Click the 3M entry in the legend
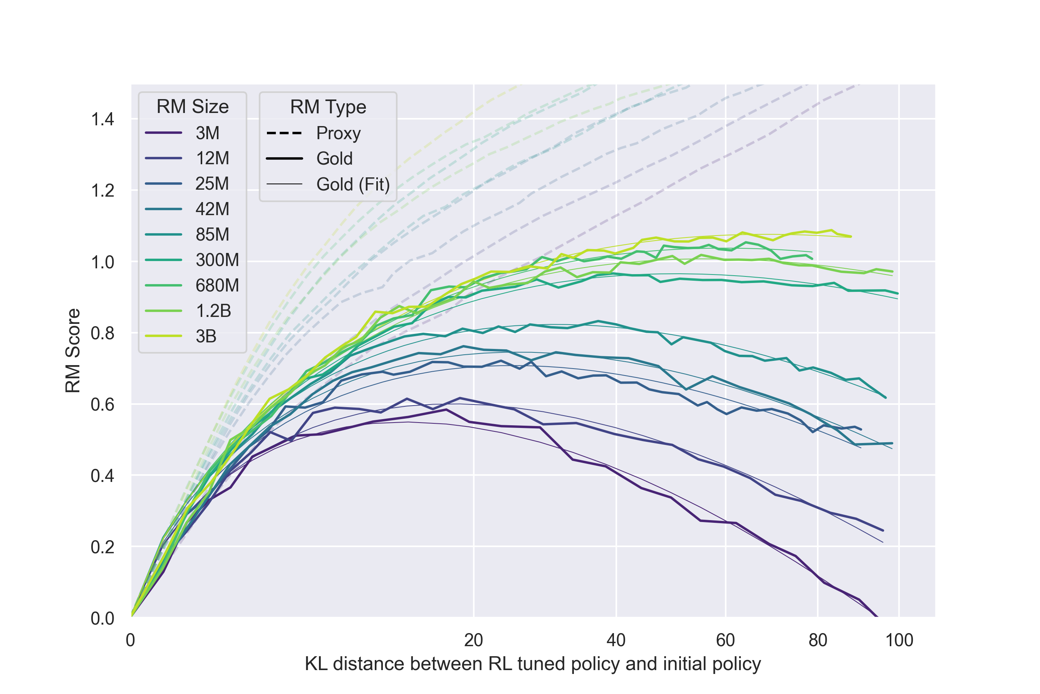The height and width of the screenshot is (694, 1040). pos(207,133)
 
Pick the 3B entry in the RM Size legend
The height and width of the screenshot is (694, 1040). pos(206,336)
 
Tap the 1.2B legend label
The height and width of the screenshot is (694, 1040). pos(213,311)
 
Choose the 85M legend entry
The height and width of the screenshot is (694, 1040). pos(212,234)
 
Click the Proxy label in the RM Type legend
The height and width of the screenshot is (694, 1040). pos(338,133)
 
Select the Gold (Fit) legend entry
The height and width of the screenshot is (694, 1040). pos(353,184)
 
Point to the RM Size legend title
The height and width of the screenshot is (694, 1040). pos(192,107)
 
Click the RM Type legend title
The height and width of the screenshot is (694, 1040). pos(328,107)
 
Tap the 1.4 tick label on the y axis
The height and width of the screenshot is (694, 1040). pos(102,120)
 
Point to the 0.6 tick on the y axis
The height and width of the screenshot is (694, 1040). pos(102,404)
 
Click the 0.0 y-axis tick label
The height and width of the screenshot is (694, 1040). pos(102,618)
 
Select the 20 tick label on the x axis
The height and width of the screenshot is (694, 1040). pos(473,640)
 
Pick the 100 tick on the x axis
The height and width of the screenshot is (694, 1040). pos(899,640)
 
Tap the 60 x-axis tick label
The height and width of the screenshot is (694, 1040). pos(725,640)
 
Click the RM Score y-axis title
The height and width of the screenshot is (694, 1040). pos(73,350)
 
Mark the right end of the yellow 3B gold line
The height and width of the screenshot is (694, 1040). pos(851,236)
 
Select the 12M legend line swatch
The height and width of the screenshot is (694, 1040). pos(164,158)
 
